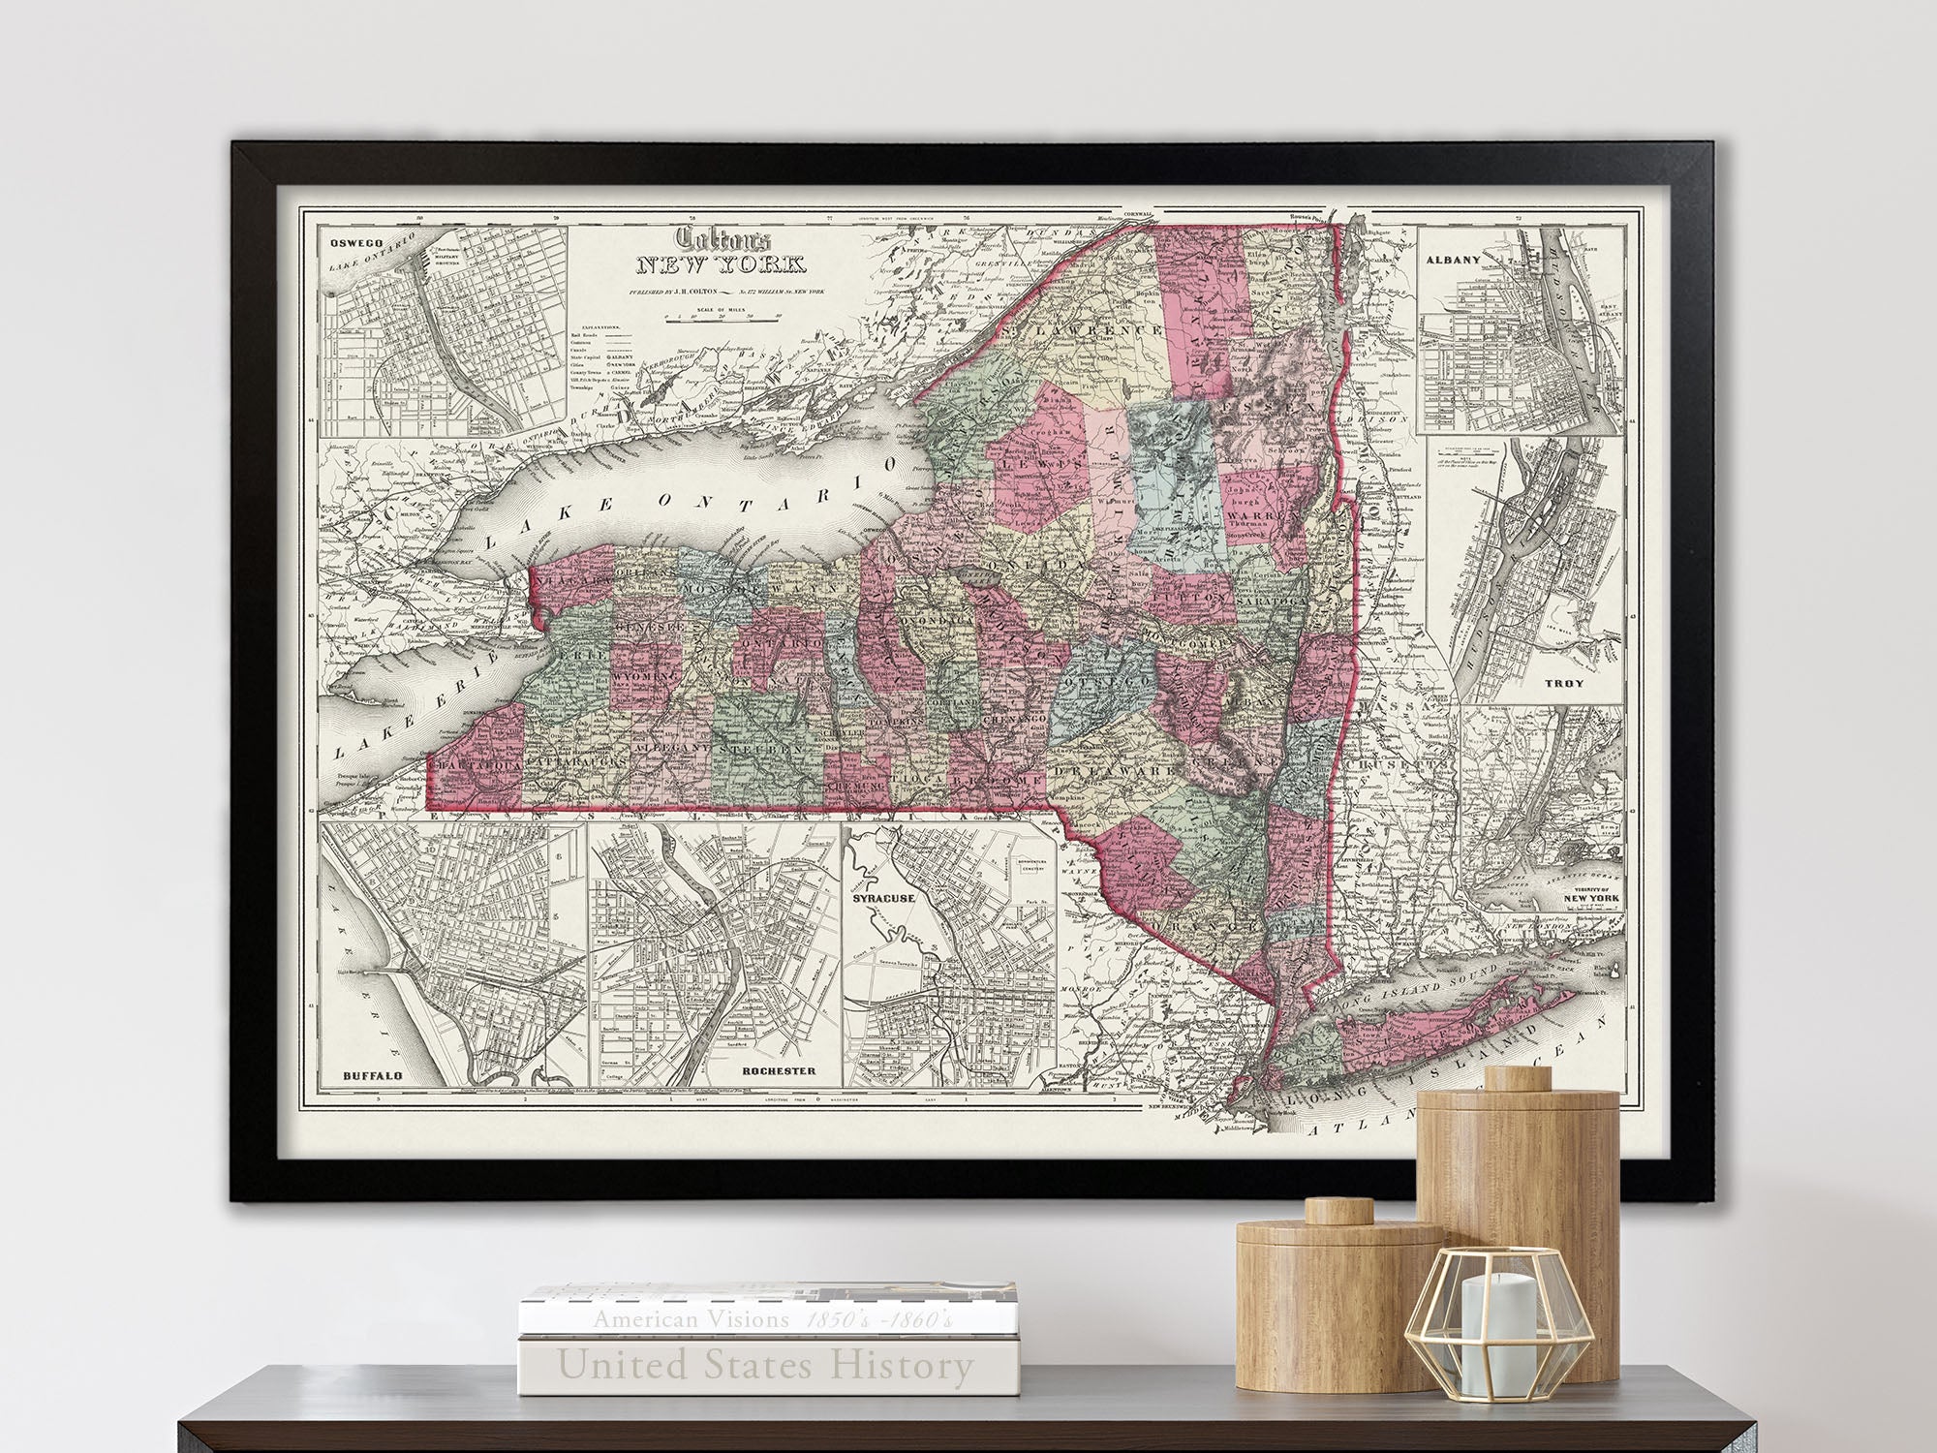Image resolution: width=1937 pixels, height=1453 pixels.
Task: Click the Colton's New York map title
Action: click(711, 252)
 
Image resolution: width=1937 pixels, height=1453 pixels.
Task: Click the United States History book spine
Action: click(765, 1367)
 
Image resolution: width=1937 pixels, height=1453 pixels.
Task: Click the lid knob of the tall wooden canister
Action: click(1517, 1078)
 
